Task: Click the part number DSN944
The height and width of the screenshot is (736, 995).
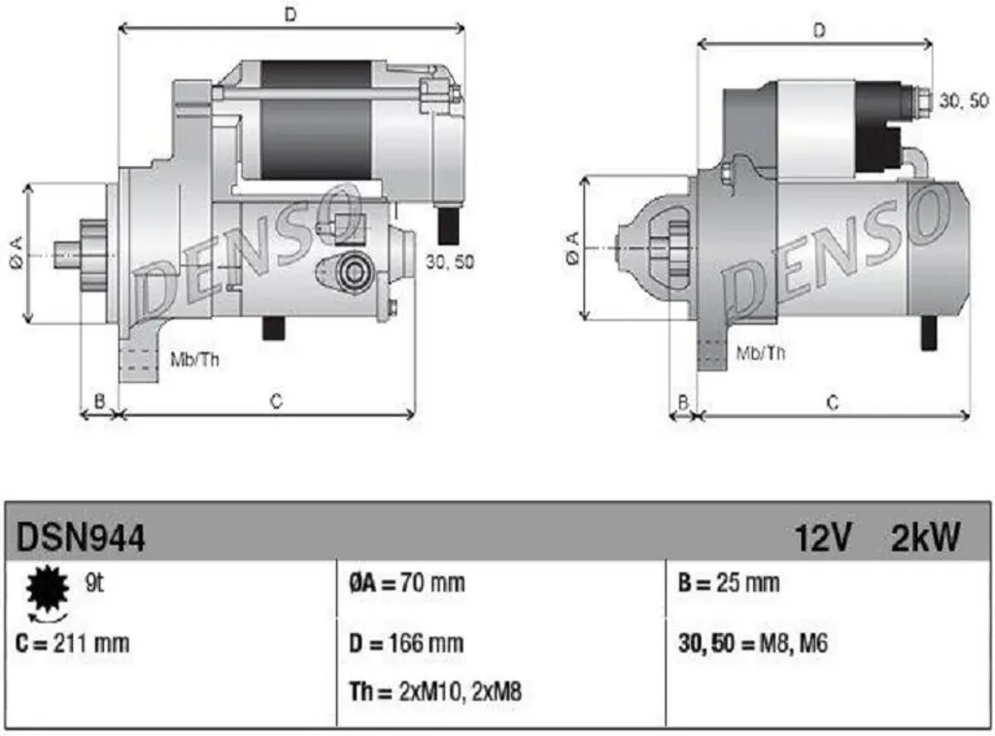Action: [x=81, y=538]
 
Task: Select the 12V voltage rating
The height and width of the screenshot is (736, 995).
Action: [x=822, y=538]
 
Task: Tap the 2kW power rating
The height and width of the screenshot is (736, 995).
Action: [x=926, y=538]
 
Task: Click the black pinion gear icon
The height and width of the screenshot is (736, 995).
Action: [x=47, y=588]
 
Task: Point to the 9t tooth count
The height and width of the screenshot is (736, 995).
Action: [x=94, y=582]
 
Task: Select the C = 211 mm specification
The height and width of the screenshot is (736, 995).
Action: [x=72, y=644]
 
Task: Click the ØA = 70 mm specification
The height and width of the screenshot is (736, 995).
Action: [x=407, y=583]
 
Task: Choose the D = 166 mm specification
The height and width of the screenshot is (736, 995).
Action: [x=406, y=644]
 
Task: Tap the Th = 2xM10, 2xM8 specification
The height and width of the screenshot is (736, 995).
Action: [x=435, y=691]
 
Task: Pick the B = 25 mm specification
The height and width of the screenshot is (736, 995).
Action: [x=729, y=583]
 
